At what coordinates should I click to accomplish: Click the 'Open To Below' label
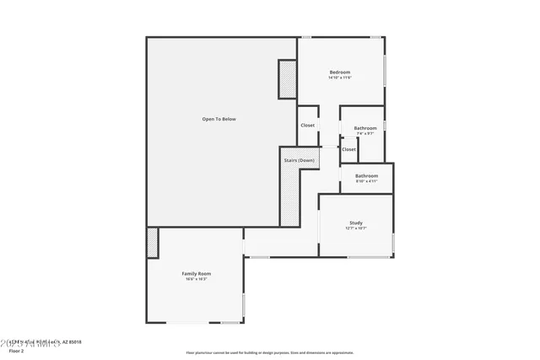(219, 119)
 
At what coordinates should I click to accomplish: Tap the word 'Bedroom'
(339, 72)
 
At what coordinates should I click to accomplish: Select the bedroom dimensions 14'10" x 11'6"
(339, 78)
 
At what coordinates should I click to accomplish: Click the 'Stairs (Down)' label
(299, 160)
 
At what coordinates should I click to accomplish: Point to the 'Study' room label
(355, 223)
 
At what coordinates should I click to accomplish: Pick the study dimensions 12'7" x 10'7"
(355, 228)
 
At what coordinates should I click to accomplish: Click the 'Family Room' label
(196, 273)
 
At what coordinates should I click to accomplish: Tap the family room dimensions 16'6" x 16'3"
(196, 279)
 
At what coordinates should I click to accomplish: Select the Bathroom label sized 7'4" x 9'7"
(365, 128)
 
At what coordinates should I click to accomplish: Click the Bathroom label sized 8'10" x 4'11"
(365, 175)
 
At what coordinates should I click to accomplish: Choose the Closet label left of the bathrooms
(308, 126)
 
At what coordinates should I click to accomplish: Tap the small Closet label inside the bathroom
(348, 149)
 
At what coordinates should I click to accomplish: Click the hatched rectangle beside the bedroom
(288, 80)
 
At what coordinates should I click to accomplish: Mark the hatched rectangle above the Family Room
(152, 243)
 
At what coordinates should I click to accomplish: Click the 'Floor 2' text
(12, 350)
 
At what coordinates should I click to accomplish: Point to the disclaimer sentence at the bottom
(270, 352)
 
